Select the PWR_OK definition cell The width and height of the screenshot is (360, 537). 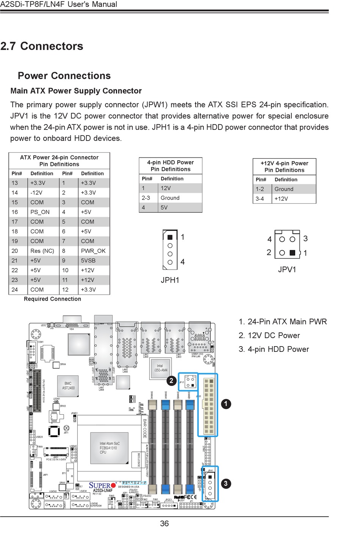point(93,251)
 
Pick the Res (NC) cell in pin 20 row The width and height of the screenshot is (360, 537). point(42,251)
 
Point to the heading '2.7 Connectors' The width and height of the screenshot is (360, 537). point(42,46)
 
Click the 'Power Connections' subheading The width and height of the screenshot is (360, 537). point(64,76)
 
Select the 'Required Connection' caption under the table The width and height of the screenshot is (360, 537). point(52,299)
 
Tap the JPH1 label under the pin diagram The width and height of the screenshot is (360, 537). point(170,280)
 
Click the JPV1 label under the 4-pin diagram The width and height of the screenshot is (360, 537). point(287,269)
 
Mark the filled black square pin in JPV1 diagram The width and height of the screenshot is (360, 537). point(292,253)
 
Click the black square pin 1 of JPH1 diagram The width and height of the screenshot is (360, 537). point(170,237)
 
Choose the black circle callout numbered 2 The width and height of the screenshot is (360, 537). point(171,381)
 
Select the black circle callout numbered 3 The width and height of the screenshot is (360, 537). point(226,483)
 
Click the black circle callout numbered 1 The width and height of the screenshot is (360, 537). point(226,404)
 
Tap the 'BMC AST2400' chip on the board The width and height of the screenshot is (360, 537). point(68,386)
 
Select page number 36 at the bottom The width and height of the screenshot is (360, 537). point(164,523)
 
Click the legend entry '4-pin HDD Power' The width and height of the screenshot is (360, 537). point(274,349)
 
